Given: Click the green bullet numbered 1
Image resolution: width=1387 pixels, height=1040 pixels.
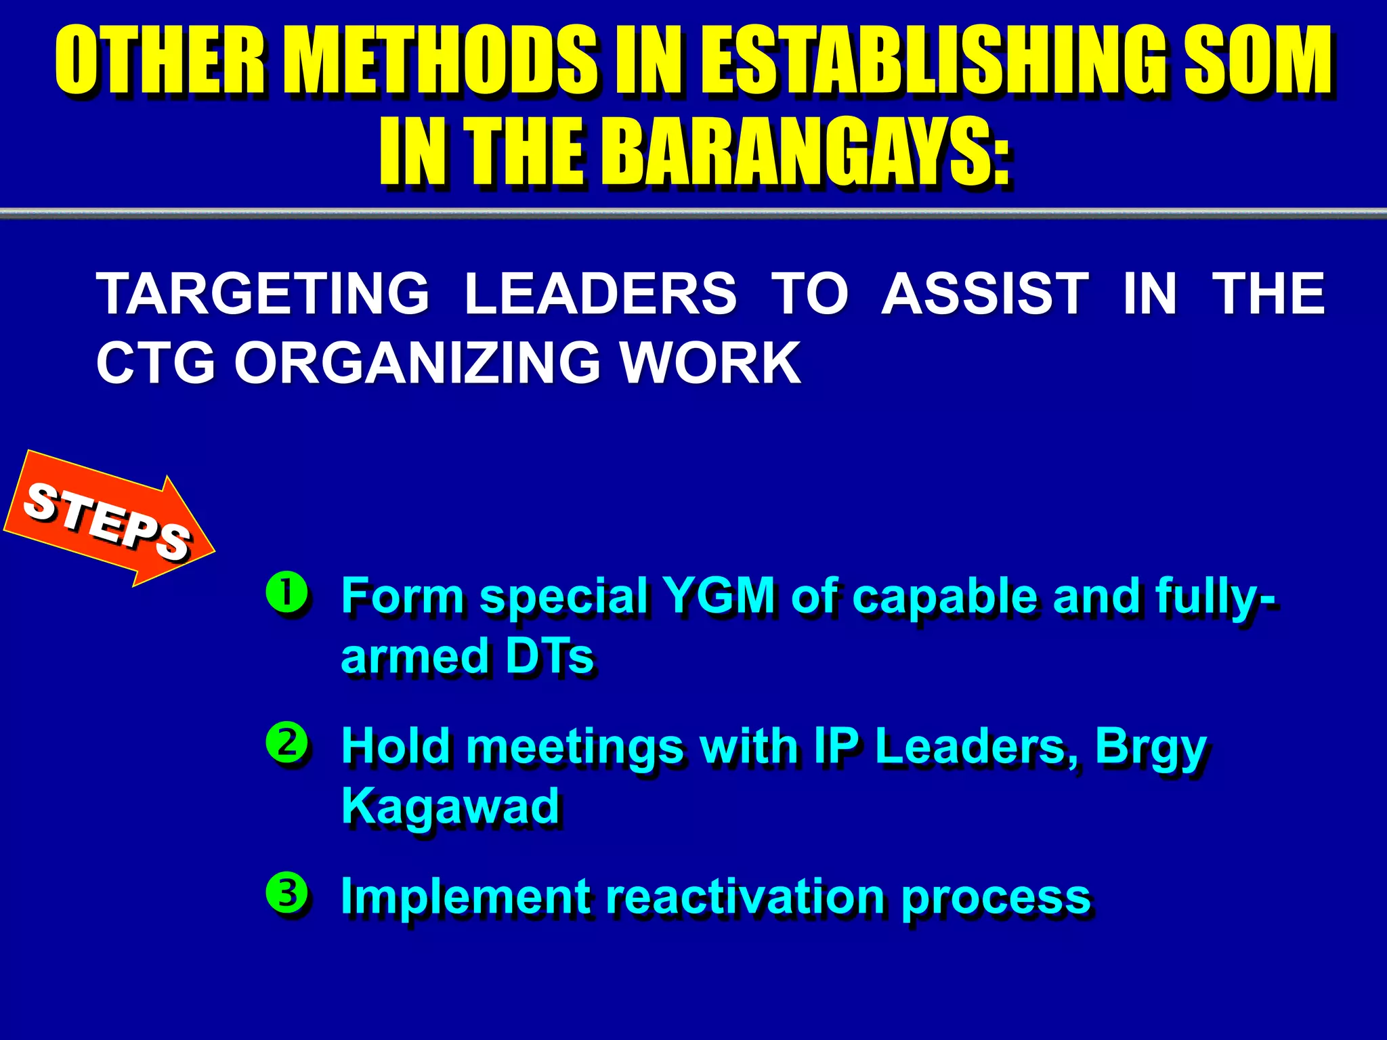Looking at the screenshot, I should (x=288, y=593).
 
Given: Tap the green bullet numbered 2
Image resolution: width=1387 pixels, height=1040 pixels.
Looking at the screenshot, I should (x=288, y=743).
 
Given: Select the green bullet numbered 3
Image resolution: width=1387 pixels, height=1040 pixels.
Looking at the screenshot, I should (x=288, y=893).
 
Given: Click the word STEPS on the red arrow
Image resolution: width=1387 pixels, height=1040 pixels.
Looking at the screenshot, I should (x=107, y=522).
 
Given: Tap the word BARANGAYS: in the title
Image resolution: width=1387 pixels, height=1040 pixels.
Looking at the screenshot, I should (x=806, y=152).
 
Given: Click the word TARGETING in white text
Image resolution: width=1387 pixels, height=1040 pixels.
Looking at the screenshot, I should (x=263, y=294).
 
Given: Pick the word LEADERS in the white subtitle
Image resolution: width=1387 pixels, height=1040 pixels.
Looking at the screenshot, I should (x=600, y=294).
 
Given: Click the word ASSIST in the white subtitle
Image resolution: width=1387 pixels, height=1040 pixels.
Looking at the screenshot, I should (x=985, y=294).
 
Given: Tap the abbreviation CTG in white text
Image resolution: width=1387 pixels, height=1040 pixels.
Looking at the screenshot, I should (x=156, y=363).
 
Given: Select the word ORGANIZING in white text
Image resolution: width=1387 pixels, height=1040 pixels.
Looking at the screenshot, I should (x=417, y=363).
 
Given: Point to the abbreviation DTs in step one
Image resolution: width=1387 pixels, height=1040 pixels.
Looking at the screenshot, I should (x=549, y=656).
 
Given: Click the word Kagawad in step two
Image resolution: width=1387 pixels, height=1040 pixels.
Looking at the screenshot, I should (x=450, y=806).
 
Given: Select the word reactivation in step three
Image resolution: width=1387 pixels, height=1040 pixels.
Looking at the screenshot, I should (x=745, y=896).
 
